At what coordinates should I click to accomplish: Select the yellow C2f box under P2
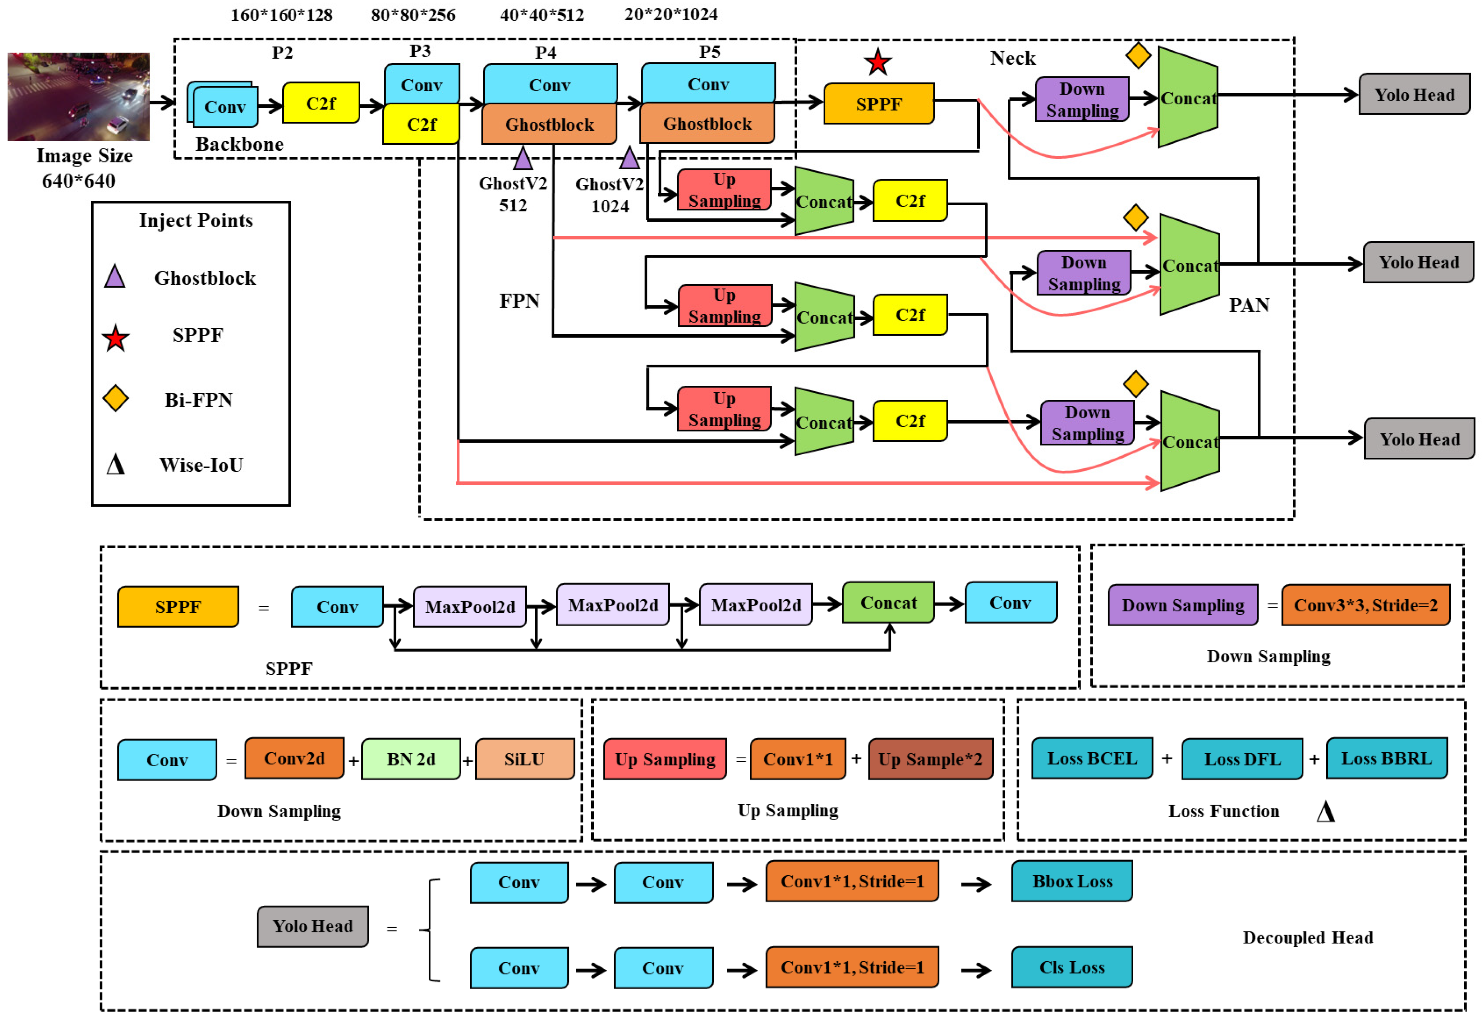tap(321, 103)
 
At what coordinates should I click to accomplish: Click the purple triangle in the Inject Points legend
tap(115, 277)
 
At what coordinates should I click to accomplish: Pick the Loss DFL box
tap(1241, 759)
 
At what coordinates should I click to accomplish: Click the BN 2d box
tap(411, 759)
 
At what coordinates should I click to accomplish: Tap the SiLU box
tap(524, 759)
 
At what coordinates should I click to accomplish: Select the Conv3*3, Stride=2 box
tap(1365, 605)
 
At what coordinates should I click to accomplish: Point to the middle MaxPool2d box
tap(613, 605)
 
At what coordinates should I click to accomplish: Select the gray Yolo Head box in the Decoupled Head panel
tap(312, 926)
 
